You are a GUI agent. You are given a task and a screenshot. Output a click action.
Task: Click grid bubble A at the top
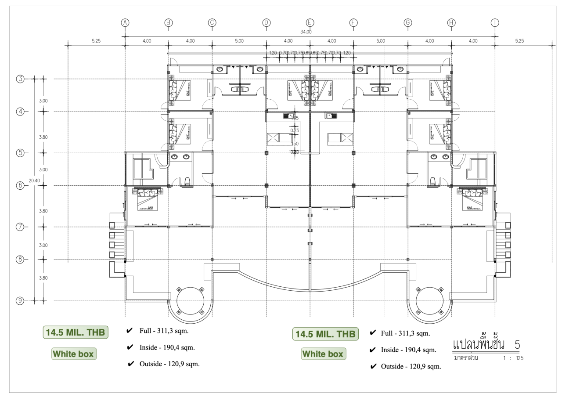pyautogui.click(x=125, y=23)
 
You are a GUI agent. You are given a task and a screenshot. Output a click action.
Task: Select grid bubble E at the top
pyautogui.click(x=310, y=23)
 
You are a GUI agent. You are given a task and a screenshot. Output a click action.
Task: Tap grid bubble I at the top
pyautogui.click(x=495, y=23)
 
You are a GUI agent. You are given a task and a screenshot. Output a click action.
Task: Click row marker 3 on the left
pyautogui.click(x=20, y=79)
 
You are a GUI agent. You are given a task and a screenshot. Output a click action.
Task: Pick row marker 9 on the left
pyautogui.click(x=20, y=301)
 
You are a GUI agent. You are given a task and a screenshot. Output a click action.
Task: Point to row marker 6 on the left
pyautogui.click(x=20, y=185)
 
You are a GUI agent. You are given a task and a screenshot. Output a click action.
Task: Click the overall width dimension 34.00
pyautogui.click(x=306, y=32)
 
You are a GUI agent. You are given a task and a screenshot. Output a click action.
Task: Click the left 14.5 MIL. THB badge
pyautogui.click(x=75, y=332)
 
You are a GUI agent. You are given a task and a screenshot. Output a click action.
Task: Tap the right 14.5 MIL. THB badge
pyautogui.click(x=325, y=334)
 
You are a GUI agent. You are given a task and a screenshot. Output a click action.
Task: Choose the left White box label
pyautogui.click(x=73, y=354)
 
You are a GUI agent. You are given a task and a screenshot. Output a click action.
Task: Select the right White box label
pyautogui.click(x=323, y=354)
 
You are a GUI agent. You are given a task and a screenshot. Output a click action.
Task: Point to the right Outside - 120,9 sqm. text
pyautogui.click(x=411, y=366)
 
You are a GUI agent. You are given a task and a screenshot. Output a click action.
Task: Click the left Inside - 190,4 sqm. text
pyautogui.click(x=166, y=347)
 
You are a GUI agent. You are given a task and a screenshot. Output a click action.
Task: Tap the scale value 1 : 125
pyautogui.click(x=513, y=358)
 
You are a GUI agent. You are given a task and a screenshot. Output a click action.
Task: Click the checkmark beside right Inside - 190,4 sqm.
pyautogui.click(x=373, y=350)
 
